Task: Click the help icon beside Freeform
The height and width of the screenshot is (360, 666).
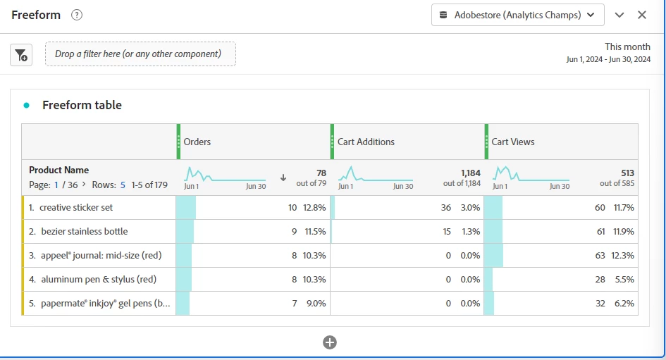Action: pyautogui.click(x=78, y=15)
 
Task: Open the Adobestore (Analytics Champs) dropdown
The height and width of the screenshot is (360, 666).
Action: pyautogui.click(x=517, y=15)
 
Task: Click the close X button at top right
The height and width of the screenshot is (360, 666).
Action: pyautogui.click(x=642, y=15)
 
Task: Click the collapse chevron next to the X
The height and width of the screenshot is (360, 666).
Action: pyautogui.click(x=619, y=15)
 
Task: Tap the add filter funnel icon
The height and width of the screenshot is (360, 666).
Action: pyautogui.click(x=21, y=55)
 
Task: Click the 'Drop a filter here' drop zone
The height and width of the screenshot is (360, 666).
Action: pyautogui.click(x=140, y=54)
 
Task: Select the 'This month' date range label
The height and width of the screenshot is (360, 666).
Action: pyautogui.click(x=627, y=46)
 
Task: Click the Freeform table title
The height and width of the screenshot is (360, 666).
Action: pyautogui.click(x=82, y=105)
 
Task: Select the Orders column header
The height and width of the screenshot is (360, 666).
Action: pyautogui.click(x=197, y=142)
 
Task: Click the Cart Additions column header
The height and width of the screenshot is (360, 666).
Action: pyautogui.click(x=366, y=142)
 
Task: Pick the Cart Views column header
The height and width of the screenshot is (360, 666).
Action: pyautogui.click(x=513, y=142)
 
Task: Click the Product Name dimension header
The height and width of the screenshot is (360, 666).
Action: pyautogui.click(x=59, y=170)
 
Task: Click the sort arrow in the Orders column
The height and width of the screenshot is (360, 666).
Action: pyautogui.click(x=283, y=178)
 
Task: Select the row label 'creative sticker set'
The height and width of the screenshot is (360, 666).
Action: pyautogui.click(x=76, y=208)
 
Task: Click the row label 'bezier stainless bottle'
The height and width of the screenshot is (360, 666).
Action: pyautogui.click(x=85, y=232)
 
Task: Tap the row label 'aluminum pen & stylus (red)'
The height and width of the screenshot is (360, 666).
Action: pyautogui.click(x=98, y=280)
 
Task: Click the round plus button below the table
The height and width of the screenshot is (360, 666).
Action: pyautogui.click(x=330, y=342)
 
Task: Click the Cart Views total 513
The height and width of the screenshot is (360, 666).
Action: pyautogui.click(x=627, y=173)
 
